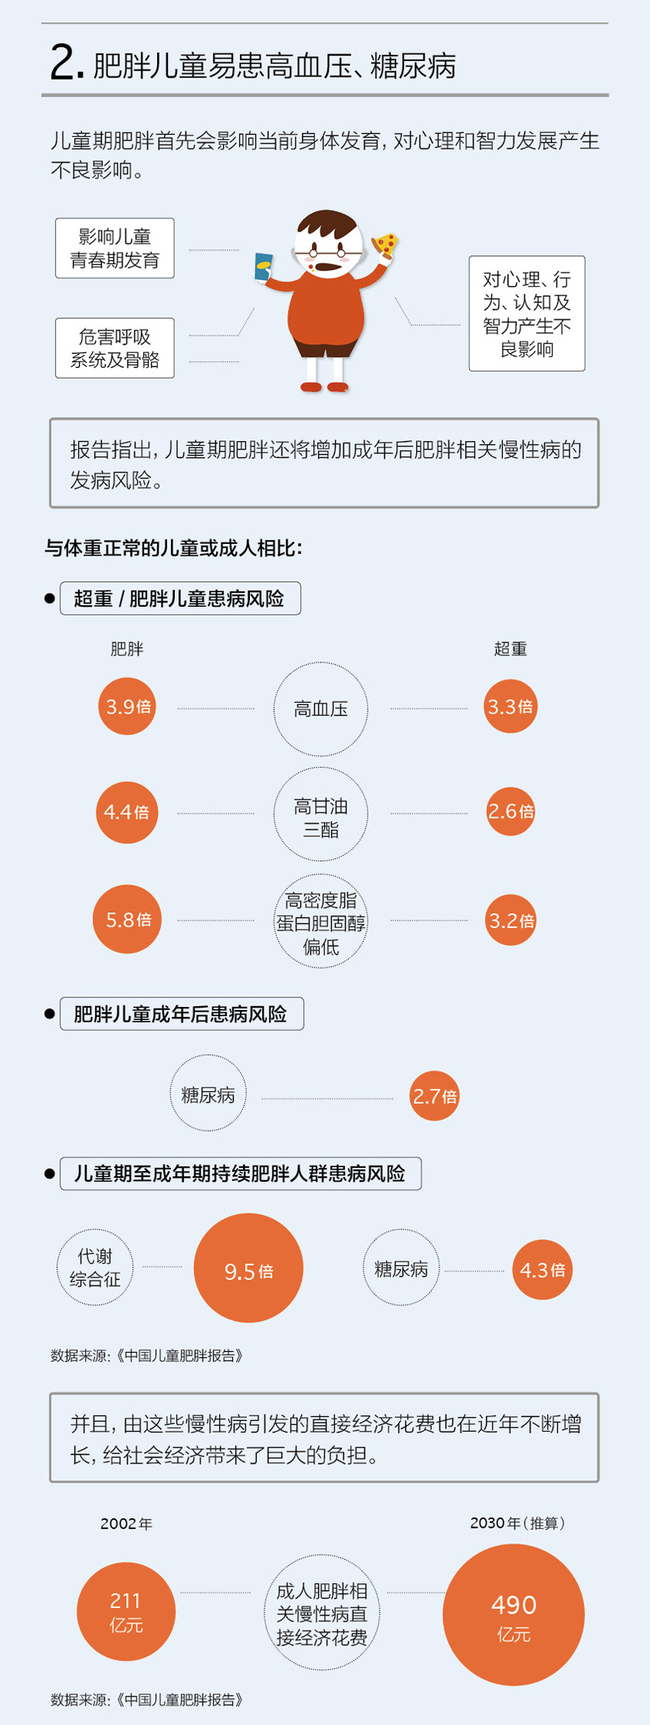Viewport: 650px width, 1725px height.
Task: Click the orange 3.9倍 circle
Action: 127,706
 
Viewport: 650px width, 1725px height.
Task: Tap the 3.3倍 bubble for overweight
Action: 510,706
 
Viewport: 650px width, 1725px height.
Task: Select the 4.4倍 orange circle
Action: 127,812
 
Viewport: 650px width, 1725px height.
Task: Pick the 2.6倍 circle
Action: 511,811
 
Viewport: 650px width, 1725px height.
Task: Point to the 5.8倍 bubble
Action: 127,919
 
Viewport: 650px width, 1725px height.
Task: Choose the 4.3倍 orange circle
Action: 542,1269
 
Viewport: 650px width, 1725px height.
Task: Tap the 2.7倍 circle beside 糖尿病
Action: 434,1096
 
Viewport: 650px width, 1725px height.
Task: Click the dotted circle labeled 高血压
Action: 320,709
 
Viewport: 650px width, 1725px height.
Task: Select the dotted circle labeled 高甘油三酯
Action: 320,814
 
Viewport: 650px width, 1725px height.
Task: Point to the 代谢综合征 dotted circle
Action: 95,1268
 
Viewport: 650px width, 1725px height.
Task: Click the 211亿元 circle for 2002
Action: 126,1611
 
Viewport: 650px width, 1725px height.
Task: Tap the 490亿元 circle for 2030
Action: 513,1615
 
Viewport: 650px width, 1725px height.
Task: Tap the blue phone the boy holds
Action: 263,267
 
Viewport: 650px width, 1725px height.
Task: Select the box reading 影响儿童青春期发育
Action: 115,248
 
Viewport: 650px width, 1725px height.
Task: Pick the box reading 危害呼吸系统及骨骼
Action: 115,348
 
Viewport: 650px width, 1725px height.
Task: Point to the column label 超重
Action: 510,649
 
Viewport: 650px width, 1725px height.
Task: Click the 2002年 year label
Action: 126,1523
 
